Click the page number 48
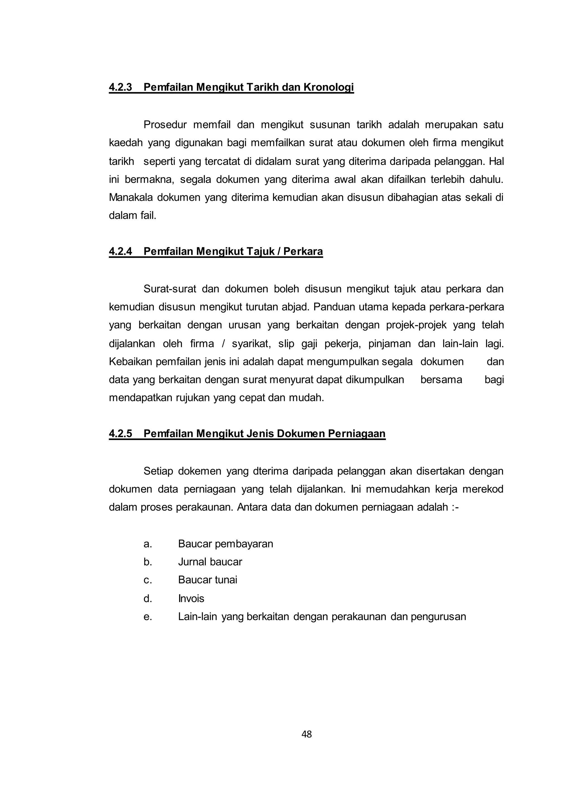pyautogui.click(x=306, y=734)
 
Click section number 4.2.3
pyautogui.click(x=120, y=87)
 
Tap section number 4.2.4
pyautogui.click(x=120, y=251)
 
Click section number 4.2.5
pyautogui.click(x=120, y=433)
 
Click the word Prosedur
pyautogui.click(x=165, y=125)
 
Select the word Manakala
pyautogui.click(x=131, y=198)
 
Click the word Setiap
pyautogui.click(x=158, y=471)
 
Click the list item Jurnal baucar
pyautogui.click(x=210, y=562)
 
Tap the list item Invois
pyautogui.click(x=191, y=598)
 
